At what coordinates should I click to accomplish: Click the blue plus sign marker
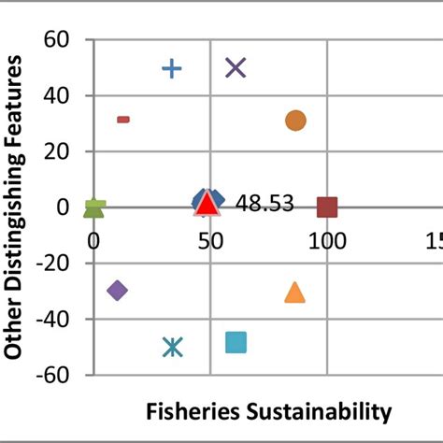[172, 68]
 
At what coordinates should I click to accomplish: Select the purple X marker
[236, 67]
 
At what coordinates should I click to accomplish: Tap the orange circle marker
[295, 121]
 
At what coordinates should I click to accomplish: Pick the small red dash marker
[123, 120]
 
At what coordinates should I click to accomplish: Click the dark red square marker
[327, 207]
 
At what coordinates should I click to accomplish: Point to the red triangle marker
[207, 204]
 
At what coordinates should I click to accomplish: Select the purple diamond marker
[117, 291]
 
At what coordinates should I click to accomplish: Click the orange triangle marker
[294, 293]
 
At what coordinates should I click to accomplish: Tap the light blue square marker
[236, 343]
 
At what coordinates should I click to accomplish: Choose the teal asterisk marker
[173, 347]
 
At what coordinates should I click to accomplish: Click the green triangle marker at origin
[94, 207]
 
